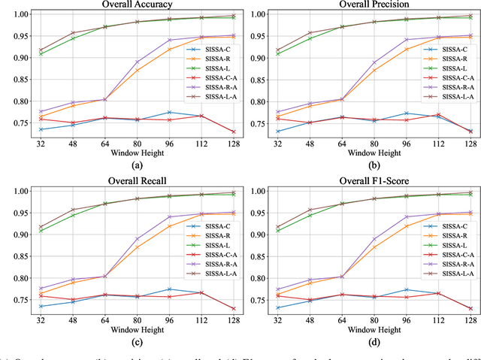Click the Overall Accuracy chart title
pos(136,4)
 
